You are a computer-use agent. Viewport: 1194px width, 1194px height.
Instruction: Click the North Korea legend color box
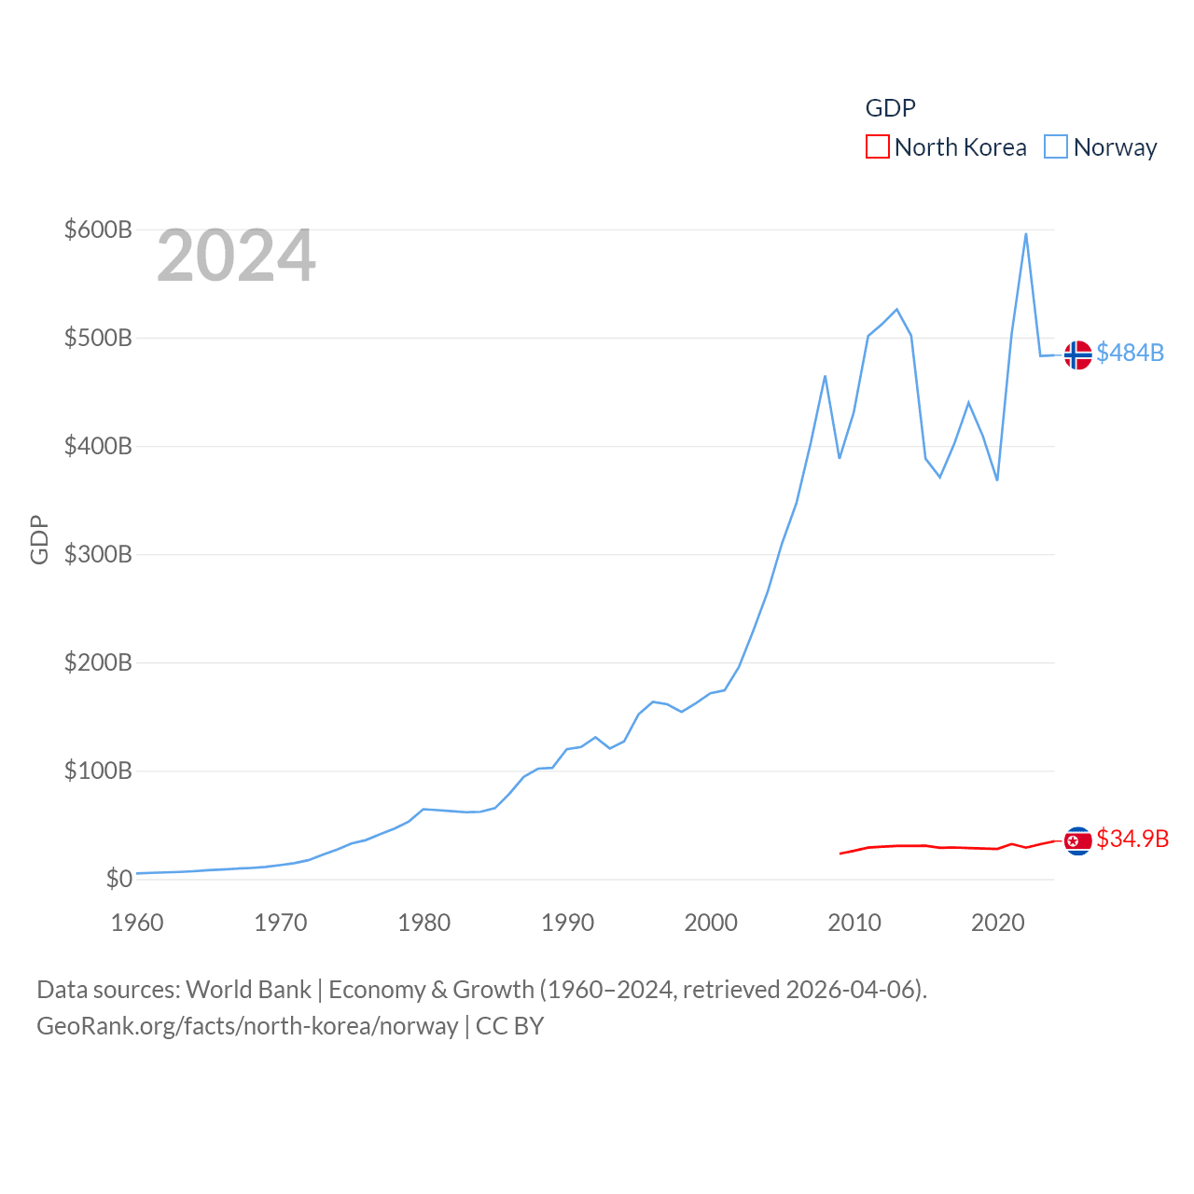(877, 146)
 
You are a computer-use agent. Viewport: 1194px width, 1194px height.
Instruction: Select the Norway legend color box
(1055, 146)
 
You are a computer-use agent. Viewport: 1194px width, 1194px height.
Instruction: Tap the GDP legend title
(890, 108)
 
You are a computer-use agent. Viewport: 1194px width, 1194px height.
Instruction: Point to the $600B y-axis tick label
(98, 229)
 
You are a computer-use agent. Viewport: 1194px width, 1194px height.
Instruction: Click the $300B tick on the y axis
(98, 554)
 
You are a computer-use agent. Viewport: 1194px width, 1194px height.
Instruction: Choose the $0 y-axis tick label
(118, 879)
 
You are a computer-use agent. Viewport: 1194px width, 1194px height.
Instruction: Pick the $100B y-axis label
(98, 771)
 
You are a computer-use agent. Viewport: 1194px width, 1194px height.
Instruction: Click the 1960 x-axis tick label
(137, 923)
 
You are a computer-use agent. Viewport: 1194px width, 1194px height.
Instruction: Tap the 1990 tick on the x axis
(567, 923)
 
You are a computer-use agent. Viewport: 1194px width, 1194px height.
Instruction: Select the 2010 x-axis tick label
(854, 923)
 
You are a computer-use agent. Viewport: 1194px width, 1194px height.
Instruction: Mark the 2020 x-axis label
(998, 923)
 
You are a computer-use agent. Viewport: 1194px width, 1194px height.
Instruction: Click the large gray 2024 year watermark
(236, 256)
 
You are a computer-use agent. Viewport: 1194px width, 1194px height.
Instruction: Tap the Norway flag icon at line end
(1077, 355)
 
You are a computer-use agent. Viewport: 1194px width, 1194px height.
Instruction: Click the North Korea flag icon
(1077, 841)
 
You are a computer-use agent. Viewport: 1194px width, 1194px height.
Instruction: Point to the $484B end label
(1130, 353)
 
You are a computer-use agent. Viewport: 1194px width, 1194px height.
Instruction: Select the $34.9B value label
(1132, 839)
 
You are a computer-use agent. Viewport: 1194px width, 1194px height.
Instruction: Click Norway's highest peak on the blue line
(1026, 234)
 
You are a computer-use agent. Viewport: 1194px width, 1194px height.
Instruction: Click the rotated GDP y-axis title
(39, 539)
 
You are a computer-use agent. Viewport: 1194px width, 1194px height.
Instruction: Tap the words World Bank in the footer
(248, 989)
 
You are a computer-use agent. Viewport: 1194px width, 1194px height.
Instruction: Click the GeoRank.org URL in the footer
(247, 1026)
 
